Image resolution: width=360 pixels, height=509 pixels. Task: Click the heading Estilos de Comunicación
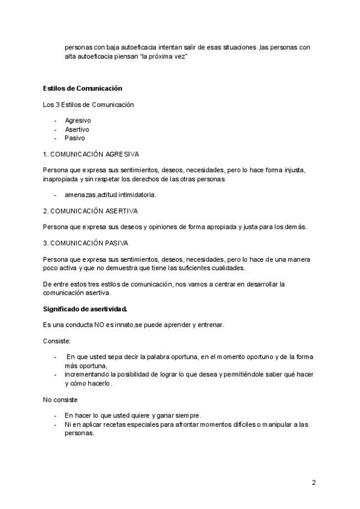[x=83, y=89]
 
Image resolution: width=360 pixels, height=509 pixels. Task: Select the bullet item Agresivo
[x=78, y=121]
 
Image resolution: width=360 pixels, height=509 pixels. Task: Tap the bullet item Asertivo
[x=77, y=129]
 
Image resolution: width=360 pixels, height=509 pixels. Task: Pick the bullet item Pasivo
[x=75, y=137]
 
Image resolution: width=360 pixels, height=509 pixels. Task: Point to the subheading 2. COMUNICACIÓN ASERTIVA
[x=91, y=211]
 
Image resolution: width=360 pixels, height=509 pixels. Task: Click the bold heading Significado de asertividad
[x=85, y=309]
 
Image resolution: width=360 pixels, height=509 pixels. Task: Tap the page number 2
[x=313, y=482]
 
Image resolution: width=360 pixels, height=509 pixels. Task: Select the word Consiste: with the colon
[x=57, y=340]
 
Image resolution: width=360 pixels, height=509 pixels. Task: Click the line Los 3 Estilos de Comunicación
[x=88, y=105]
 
